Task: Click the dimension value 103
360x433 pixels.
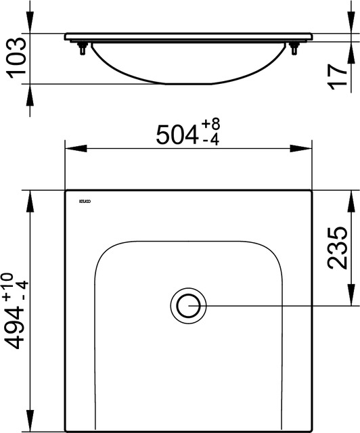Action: pyautogui.click(x=15, y=58)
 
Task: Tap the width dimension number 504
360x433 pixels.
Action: pyautogui.click(x=177, y=134)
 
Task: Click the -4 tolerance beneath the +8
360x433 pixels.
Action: pyautogui.click(x=210, y=140)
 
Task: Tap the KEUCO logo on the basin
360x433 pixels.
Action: pyautogui.click(x=85, y=202)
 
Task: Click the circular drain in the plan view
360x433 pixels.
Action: pyautogui.click(x=188, y=304)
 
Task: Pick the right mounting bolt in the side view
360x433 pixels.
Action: pyautogui.click(x=294, y=48)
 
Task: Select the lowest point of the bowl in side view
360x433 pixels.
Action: pyautogui.click(x=188, y=84)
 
